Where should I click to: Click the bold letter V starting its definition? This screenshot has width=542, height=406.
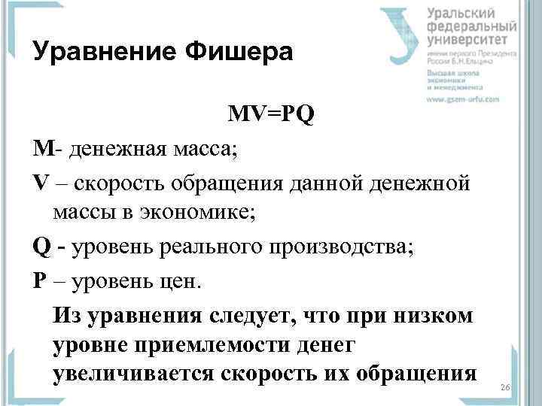(40, 181)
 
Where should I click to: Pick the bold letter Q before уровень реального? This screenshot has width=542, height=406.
(41, 247)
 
